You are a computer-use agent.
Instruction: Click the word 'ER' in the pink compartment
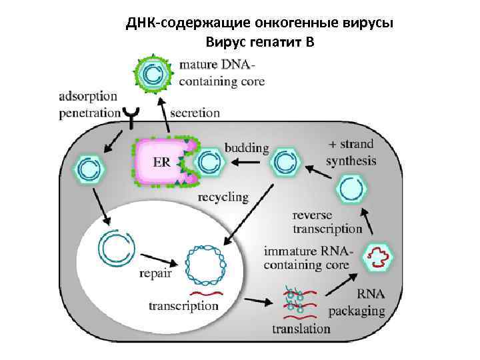(161, 162)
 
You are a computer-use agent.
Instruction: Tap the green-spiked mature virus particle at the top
(155, 73)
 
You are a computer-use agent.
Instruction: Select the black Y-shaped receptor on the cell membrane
(133, 117)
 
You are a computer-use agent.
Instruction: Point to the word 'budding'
(246, 147)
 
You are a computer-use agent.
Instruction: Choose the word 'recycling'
(223, 197)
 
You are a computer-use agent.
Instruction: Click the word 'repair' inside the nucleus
(155, 273)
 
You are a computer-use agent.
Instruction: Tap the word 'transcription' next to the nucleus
(183, 306)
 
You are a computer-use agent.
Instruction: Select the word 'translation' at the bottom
(301, 329)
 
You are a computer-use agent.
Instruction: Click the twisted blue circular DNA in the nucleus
(207, 264)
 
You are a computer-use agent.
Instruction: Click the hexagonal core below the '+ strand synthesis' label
(352, 189)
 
